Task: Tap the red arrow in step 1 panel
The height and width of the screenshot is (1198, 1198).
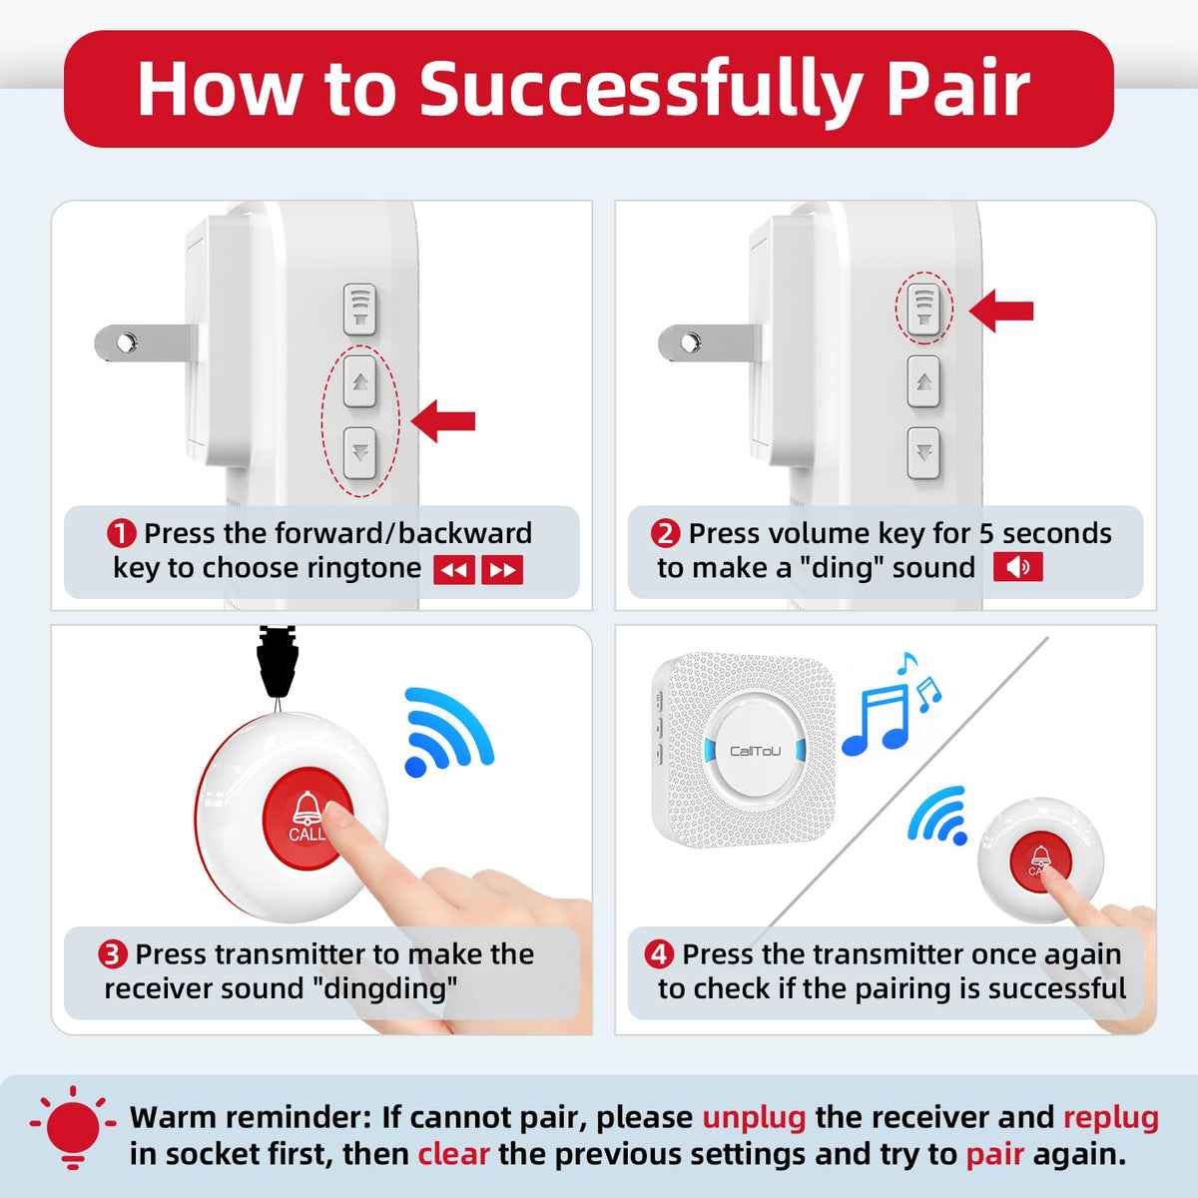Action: (443, 421)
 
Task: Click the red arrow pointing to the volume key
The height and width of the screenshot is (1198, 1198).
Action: (1001, 310)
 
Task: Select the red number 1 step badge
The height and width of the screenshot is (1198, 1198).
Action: (121, 534)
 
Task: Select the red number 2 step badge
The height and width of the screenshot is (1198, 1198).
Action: (665, 534)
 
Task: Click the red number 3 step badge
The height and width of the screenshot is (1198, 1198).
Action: (112, 954)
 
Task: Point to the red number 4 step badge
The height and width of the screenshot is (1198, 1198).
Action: (659, 954)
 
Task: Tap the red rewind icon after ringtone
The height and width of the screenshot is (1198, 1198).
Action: (454, 570)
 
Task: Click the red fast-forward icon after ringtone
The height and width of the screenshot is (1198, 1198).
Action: (502, 570)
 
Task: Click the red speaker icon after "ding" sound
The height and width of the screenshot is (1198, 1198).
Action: (1017, 568)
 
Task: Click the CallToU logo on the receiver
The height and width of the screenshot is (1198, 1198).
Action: (755, 751)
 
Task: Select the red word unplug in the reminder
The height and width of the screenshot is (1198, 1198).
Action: (754, 1117)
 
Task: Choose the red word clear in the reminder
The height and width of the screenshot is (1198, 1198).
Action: (453, 1154)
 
